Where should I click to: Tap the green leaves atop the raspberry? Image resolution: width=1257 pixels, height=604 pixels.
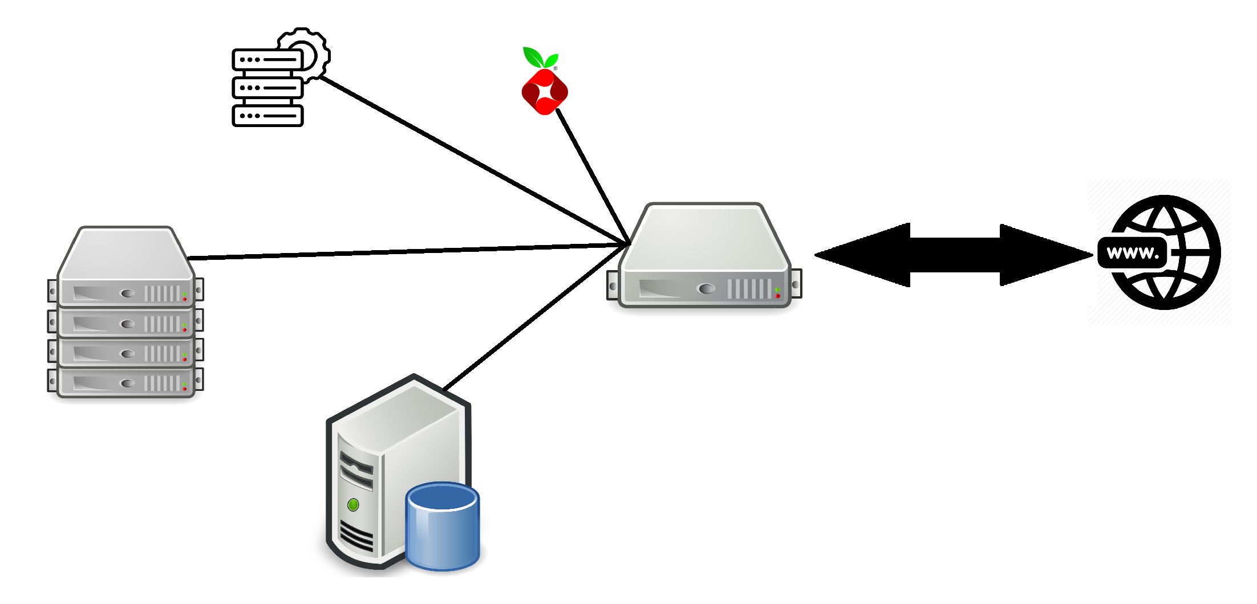coord(540,58)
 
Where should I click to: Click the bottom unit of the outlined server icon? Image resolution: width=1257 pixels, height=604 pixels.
coord(267,116)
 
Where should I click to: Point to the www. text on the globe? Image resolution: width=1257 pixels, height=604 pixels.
coord(1133,252)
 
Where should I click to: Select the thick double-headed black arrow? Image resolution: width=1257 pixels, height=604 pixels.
coord(954,255)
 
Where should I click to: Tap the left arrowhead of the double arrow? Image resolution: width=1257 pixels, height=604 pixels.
coord(862,255)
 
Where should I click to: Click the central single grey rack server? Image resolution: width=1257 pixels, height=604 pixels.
coord(704,255)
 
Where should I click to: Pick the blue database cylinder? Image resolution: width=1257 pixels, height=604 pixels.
coord(443,527)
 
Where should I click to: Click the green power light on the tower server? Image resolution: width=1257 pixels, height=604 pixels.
coord(353,504)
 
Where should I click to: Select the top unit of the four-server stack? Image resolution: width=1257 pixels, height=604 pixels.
coord(125,266)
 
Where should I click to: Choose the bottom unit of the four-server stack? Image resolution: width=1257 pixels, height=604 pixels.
coord(125,382)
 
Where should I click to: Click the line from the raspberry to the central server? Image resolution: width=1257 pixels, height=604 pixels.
coord(593,176)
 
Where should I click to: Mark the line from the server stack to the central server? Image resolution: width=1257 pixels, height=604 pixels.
coord(407,251)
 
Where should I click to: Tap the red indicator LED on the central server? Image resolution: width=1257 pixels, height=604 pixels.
coord(778,296)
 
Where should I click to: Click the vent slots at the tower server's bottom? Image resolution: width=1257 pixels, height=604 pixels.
coord(356,535)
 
